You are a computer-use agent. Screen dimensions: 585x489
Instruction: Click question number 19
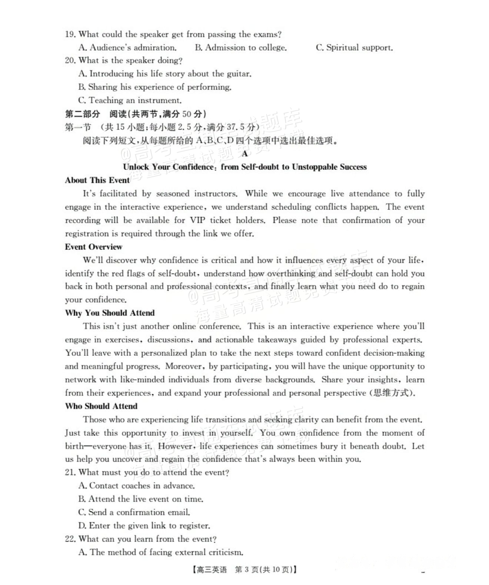(70, 35)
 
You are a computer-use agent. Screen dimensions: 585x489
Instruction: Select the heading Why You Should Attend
(110, 313)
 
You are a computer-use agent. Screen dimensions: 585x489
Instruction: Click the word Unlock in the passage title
(136, 167)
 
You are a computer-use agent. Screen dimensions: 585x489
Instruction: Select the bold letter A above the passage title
(245, 154)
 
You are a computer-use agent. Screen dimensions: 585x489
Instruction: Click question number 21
(70, 473)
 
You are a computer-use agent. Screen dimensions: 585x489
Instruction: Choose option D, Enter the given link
(144, 526)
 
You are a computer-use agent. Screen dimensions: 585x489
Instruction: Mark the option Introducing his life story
(165, 74)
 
